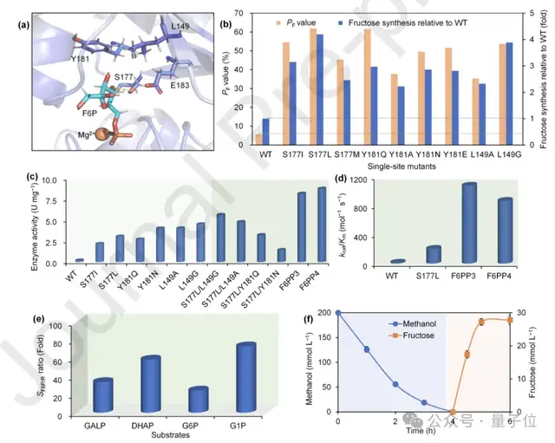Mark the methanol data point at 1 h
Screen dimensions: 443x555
pos(367,349)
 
